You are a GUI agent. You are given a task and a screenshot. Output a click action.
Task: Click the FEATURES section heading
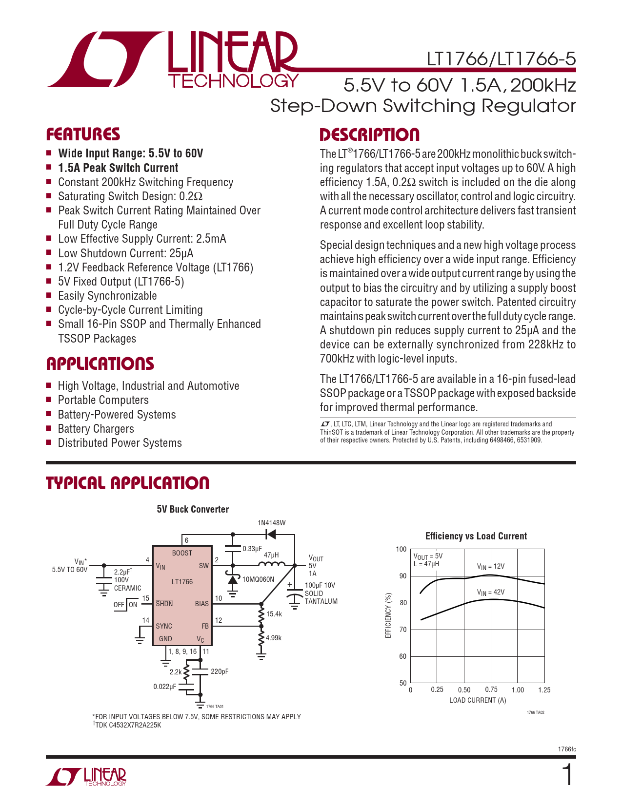click(83, 134)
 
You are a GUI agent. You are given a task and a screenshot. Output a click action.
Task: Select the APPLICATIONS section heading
click(100, 364)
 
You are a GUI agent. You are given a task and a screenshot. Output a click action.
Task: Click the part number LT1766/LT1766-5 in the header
click(501, 59)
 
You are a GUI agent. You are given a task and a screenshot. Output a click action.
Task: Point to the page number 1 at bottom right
click(567, 775)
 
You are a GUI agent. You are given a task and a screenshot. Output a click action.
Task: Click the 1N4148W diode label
click(271, 523)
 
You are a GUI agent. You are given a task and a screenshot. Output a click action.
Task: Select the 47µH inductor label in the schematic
click(271, 555)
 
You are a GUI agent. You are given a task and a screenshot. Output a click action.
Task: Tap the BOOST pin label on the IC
click(182, 553)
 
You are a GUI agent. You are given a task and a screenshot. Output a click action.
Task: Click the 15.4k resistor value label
click(274, 614)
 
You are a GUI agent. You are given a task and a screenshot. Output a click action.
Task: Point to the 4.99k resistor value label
click(274, 638)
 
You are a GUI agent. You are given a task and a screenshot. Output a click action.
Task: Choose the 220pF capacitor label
click(220, 671)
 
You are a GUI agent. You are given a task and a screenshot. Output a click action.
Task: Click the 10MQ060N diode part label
click(258, 579)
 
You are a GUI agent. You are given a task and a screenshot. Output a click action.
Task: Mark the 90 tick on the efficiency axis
click(402, 576)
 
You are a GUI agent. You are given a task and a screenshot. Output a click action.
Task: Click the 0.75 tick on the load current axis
click(491, 689)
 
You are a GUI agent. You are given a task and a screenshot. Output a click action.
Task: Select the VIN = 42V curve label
click(491, 593)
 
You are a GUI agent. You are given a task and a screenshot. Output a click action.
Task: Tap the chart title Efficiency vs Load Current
click(476, 536)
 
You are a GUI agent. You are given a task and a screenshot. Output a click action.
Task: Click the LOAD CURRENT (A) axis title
click(478, 700)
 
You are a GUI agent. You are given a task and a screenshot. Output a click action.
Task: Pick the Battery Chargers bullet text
click(96, 429)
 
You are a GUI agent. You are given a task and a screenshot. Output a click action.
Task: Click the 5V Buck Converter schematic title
click(193, 509)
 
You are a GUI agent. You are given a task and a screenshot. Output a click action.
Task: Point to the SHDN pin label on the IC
click(164, 604)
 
